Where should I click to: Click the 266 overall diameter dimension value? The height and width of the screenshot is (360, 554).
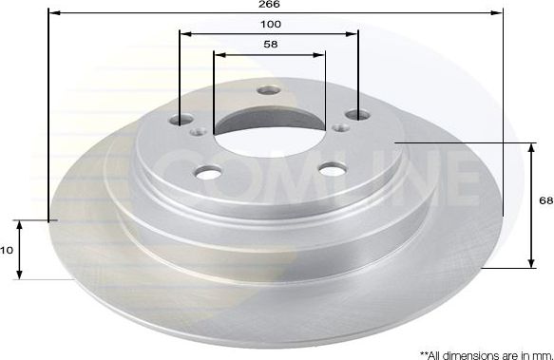273,5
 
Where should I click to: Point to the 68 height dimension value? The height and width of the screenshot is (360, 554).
544,201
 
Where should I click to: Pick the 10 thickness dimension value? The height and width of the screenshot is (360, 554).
7,251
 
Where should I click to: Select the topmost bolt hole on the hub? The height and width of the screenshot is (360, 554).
269,92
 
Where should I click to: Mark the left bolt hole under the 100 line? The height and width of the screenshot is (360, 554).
181,121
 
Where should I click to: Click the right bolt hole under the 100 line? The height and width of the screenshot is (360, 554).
357,115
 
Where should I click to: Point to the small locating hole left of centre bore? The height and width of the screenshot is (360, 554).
197,133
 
